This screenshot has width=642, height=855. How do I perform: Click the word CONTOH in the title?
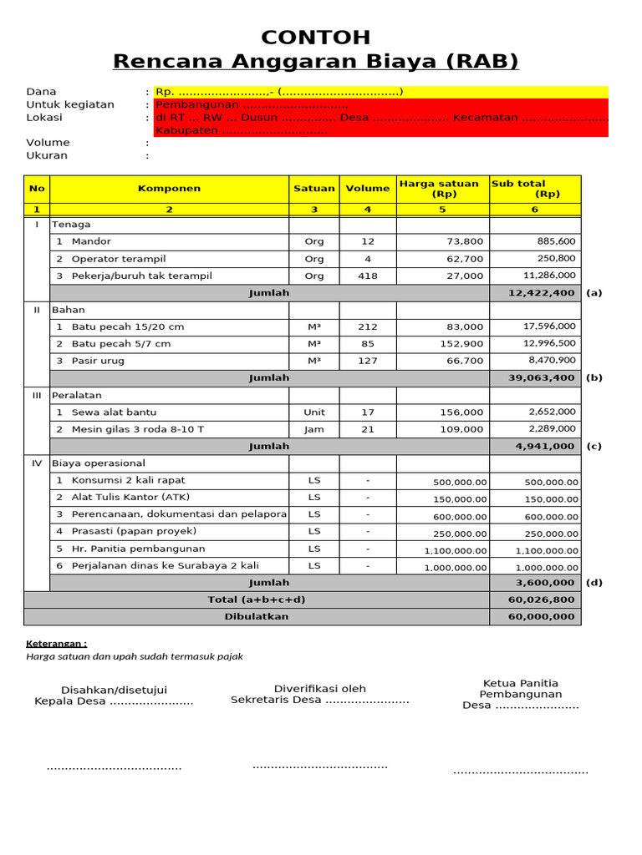click(x=315, y=38)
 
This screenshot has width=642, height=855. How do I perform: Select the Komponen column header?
click(x=169, y=189)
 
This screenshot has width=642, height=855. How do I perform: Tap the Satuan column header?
click(x=314, y=189)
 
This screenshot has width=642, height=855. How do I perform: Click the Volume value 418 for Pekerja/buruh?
click(x=368, y=276)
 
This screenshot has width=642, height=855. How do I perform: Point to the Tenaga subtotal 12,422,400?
click(x=542, y=293)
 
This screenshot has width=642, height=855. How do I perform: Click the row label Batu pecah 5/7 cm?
click(x=121, y=344)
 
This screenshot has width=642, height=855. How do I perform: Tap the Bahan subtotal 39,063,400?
click(x=542, y=378)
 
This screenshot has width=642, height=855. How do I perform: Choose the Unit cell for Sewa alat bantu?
click(x=314, y=412)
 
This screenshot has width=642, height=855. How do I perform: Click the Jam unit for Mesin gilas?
click(x=314, y=429)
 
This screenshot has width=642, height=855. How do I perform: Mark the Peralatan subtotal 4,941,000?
click(x=545, y=447)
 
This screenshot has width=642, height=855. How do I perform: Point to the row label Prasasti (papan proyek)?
click(x=134, y=531)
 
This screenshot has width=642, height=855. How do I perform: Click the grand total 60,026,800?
click(x=542, y=600)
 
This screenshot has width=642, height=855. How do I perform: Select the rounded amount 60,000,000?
click(x=542, y=616)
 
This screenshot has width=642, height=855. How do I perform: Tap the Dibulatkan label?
click(x=257, y=616)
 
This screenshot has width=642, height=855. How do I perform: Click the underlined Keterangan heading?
click(x=56, y=644)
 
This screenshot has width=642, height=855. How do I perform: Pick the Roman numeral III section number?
click(x=37, y=395)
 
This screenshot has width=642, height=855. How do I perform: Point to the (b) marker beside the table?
click(x=594, y=378)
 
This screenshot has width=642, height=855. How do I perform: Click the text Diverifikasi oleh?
click(x=320, y=689)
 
